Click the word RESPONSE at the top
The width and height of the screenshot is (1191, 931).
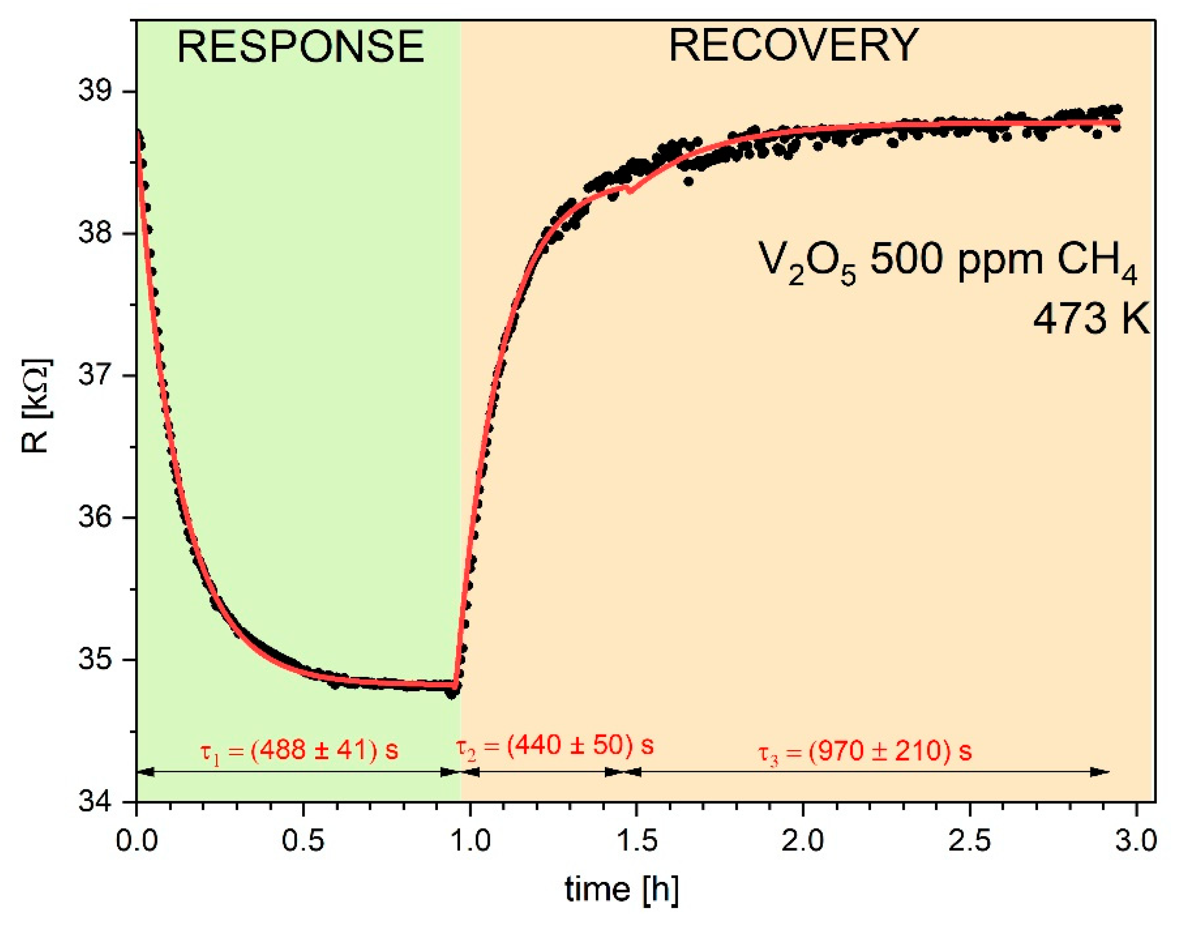point(300,47)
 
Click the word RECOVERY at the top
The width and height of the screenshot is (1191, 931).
point(794,46)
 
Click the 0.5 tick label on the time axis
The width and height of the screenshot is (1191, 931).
point(303,840)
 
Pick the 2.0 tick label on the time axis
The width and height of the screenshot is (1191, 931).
point(803,840)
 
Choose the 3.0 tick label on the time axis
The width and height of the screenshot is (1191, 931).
point(1136,840)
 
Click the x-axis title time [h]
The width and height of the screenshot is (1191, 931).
point(622,890)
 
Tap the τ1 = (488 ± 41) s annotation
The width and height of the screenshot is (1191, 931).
point(299,751)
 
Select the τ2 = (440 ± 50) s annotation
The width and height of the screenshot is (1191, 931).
point(555,746)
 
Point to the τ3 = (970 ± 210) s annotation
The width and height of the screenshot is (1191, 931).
point(865,751)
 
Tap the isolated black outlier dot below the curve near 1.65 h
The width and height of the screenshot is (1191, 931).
point(689,181)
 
